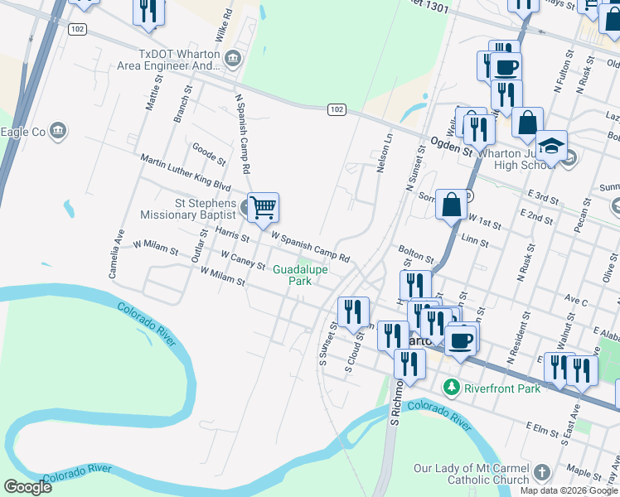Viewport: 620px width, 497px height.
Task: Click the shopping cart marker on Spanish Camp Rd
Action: point(263,207)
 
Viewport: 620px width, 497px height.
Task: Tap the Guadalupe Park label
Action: point(300,275)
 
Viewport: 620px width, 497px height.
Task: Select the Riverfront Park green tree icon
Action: point(451,387)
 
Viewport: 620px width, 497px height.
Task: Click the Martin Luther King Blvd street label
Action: point(185,171)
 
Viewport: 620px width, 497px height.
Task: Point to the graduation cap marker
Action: point(551,146)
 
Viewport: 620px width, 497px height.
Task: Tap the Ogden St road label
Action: point(451,149)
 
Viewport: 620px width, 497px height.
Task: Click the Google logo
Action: point(27,487)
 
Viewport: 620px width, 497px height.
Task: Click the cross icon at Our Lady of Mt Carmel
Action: point(541,473)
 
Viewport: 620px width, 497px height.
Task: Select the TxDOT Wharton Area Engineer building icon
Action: point(233,56)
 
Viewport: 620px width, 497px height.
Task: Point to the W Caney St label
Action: point(243,261)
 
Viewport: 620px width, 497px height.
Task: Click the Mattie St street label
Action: point(151,92)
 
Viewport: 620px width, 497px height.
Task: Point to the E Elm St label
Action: point(545,427)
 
